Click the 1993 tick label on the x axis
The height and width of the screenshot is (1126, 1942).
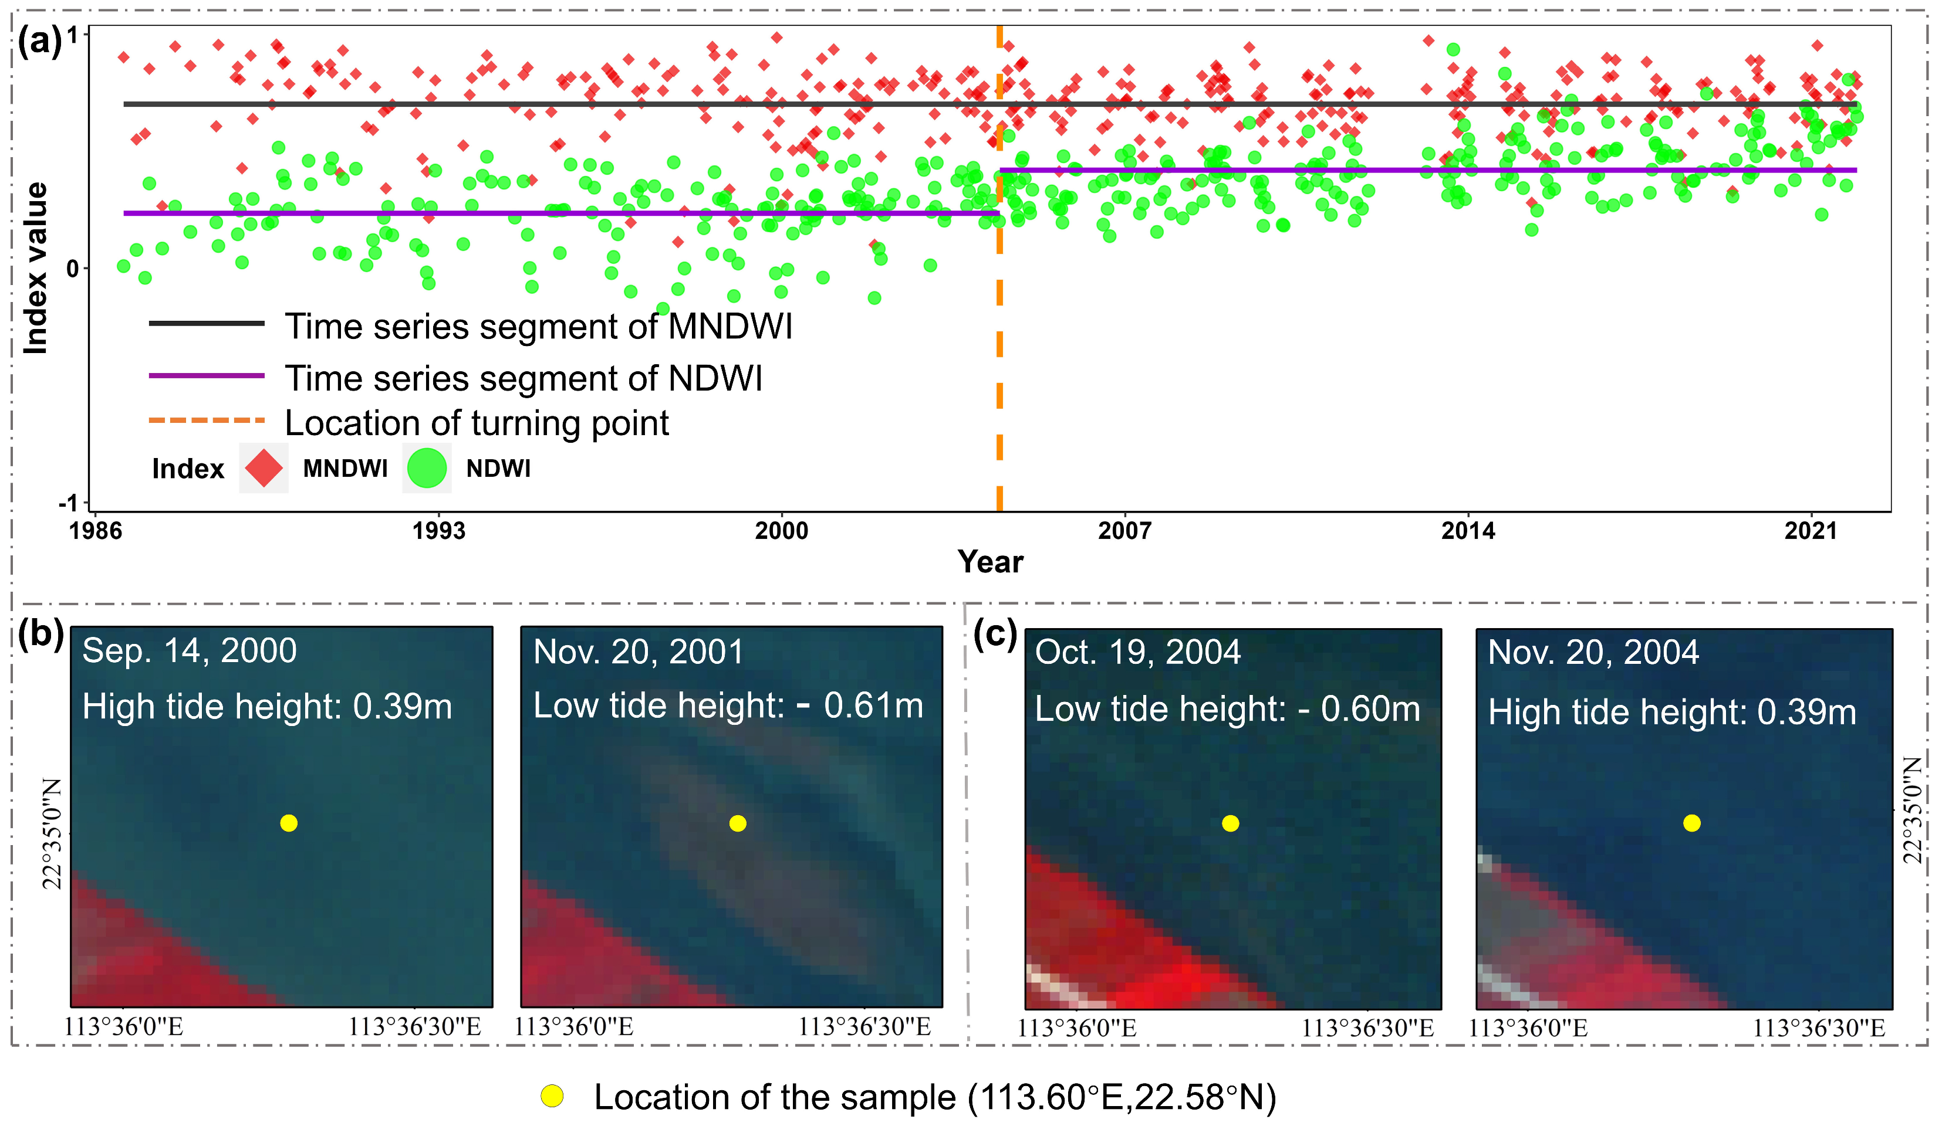(x=438, y=531)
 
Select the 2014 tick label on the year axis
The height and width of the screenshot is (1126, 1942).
(x=1468, y=531)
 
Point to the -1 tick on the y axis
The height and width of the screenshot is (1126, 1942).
(x=69, y=503)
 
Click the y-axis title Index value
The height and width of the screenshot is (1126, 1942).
(x=35, y=268)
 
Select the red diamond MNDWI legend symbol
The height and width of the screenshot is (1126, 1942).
(x=264, y=468)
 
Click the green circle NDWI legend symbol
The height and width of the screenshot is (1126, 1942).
(x=426, y=468)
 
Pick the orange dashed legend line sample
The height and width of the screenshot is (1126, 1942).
(x=207, y=420)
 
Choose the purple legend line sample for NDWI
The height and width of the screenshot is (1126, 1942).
(x=207, y=376)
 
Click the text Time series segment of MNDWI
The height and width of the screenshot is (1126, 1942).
(x=539, y=327)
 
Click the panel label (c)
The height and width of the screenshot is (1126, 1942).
(x=995, y=635)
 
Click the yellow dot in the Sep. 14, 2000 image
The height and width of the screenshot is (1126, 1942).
(x=289, y=823)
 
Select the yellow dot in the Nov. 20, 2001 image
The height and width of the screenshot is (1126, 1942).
(x=738, y=823)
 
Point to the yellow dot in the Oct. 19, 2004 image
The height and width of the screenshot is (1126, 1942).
(x=1231, y=823)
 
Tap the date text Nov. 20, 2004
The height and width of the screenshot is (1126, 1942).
(x=1593, y=652)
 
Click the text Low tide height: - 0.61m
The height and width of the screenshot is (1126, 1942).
(x=728, y=706)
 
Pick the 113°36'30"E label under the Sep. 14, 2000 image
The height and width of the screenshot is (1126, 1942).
(x=414, y=1027)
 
